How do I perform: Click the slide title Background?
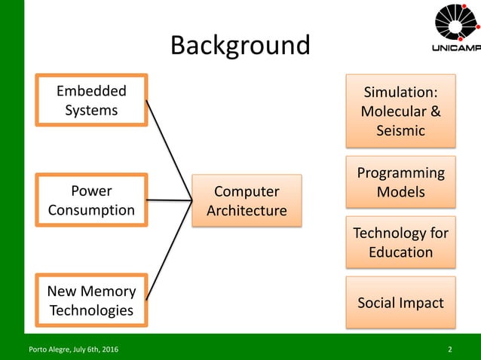240,45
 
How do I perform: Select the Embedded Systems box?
91,100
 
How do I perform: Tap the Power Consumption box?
91,200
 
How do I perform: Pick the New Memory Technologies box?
91,300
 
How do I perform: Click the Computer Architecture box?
247,200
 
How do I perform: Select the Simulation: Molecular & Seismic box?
400,111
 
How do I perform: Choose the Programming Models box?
400,182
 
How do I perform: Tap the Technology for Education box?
400,242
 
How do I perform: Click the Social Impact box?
400,303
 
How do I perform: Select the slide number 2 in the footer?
450,349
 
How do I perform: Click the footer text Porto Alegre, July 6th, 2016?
72,349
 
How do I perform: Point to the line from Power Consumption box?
170,200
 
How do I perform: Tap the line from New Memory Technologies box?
167,252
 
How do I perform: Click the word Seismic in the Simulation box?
400,131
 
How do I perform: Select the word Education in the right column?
400,252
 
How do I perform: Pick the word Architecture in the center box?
247,210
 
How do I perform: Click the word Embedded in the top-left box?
91,91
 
